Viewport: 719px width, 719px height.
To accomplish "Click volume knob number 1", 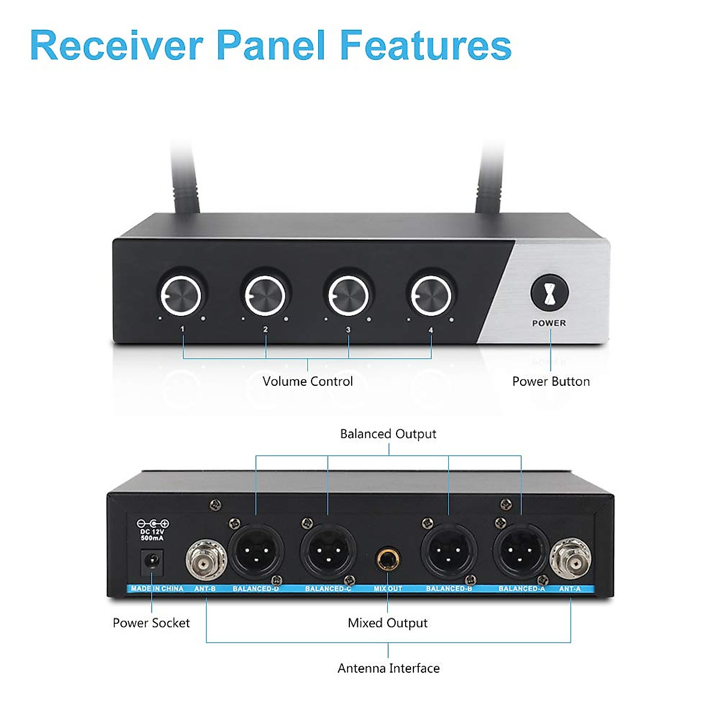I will [180, 295].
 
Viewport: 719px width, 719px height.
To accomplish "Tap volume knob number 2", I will [264, 295].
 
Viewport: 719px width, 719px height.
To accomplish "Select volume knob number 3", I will [348, 295].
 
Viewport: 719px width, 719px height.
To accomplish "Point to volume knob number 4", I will [431, 295].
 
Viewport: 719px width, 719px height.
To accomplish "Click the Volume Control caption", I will [307, 382].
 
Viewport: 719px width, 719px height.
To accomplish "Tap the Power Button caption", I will [551, 382].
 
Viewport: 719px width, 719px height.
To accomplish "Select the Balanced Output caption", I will [388, 434].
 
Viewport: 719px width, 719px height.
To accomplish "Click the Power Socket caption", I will [151, 623].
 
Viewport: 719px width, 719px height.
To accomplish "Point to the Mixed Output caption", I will [388, 623].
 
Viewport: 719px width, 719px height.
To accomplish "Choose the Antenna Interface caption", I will [388, 668].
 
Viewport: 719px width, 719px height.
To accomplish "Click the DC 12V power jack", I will [152, 562].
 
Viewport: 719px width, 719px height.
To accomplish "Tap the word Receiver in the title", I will [117, 46].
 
